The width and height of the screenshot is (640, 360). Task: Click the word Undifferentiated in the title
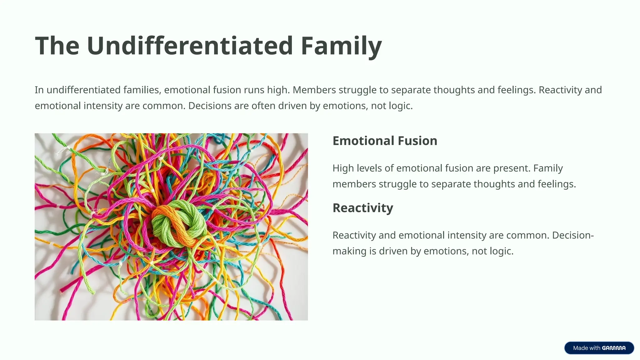pos(190,46)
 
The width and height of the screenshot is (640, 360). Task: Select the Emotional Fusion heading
pos(385,141)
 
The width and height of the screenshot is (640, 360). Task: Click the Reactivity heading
pos(363,208)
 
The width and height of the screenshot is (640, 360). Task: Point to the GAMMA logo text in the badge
pos(614,348)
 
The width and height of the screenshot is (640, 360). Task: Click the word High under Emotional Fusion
pos(343,168)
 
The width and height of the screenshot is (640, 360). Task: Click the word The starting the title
pos(57,46)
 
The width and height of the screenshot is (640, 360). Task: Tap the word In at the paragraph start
pos(39,90)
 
